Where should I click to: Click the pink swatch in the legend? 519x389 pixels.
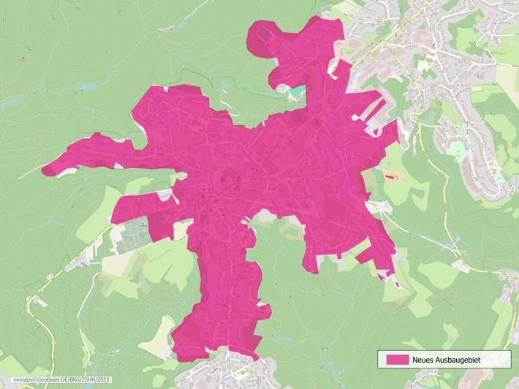pos(397,359)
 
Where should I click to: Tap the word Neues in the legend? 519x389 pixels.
pos(425,359)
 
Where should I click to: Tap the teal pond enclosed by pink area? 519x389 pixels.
pos(297,91)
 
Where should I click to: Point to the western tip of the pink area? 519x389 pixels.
pos(43,171)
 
